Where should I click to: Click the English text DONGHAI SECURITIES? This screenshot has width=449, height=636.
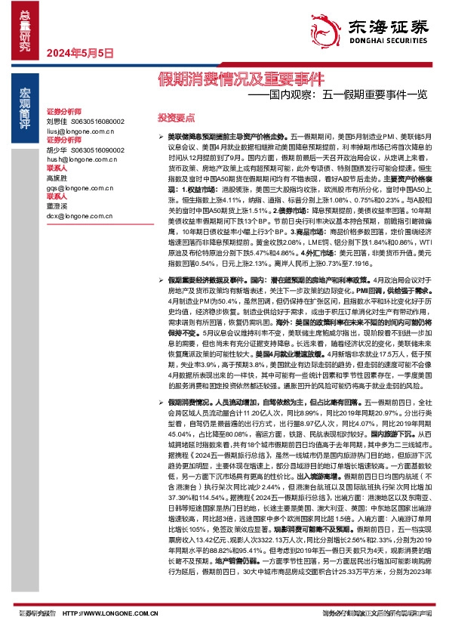tap(389, 43)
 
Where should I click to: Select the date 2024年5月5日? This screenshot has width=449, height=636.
tap(80, 53)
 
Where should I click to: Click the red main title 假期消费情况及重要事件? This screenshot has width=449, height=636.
tap(240, 78)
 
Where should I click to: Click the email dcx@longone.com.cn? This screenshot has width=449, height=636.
tap(78, 215)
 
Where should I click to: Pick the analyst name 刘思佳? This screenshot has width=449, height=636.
tap(57, 120)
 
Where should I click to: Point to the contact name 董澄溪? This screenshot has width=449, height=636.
tap(57, 205)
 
